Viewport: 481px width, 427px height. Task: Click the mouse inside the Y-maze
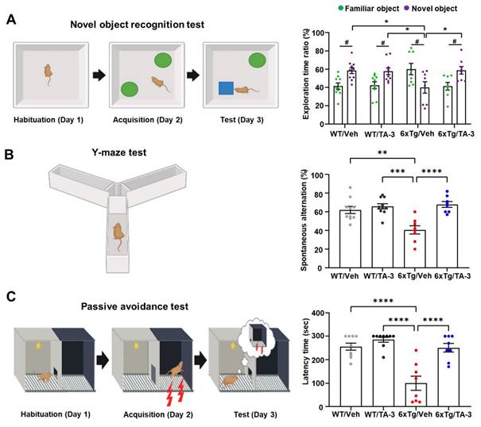[118, 233]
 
